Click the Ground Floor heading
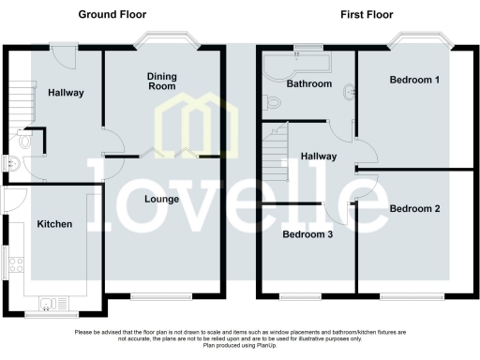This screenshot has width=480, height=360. (112, 14)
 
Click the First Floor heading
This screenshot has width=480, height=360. (366, 14)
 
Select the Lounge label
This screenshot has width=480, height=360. (161, 199)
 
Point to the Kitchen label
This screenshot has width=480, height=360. (53, 224)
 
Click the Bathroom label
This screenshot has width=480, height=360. (309, 84)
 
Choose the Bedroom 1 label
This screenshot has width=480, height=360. (414, 81)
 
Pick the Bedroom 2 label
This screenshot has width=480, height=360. (414, 208)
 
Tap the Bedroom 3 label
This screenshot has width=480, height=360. (307, 234)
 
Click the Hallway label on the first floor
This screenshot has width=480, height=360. (319, 157)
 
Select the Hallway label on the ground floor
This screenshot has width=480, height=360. (66, 93)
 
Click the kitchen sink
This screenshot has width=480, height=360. (51, 301)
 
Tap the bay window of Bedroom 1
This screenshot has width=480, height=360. (419, 42)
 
